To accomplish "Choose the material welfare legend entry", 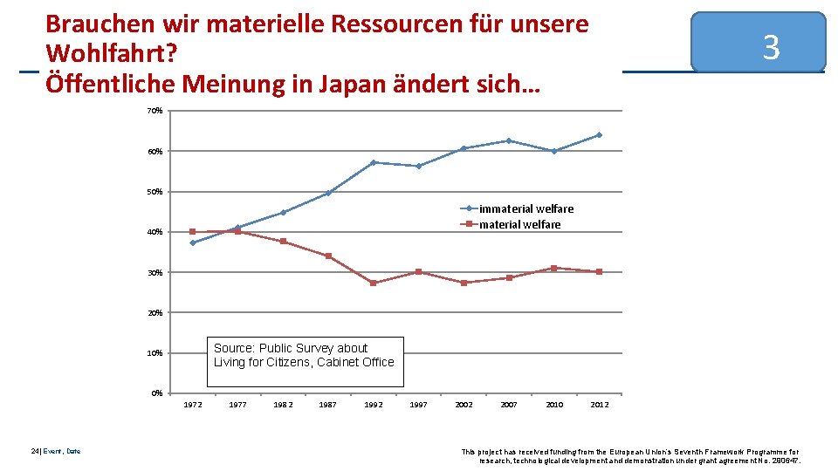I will pos(519,224).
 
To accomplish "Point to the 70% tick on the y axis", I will pos(155,111).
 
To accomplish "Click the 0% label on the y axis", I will pos(156,393).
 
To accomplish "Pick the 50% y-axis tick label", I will pos(155,192).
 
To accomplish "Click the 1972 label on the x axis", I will pos(192,405).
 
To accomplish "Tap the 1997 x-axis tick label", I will pos(418,405).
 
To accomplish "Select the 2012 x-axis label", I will pos(600,405).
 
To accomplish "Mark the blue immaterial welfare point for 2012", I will pos(600,135).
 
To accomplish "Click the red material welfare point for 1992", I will pos(373,283).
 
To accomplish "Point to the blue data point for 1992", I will pos(373,162).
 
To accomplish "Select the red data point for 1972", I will pos(192,232).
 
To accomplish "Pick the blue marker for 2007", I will pos(509,140).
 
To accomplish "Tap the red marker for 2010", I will pos(554,268).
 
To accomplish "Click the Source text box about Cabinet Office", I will pos(306,361).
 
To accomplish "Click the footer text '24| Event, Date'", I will pos(55,451).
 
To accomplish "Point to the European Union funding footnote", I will pos(629,455).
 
